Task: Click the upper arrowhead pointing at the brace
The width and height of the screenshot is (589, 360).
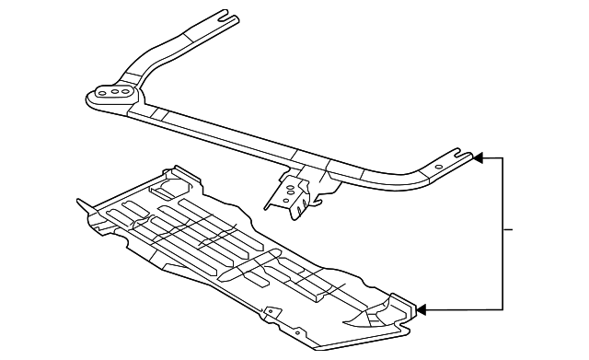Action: pos(477,158)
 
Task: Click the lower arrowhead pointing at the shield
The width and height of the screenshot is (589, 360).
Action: pos(422,309)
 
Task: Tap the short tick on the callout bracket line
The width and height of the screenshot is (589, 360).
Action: pos(508,228)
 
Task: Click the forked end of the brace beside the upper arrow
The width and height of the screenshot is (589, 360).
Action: pos(459,155)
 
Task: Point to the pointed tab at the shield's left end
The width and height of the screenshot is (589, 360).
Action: pos(78,203)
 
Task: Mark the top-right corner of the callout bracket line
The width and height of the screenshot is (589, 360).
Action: pos(502,158)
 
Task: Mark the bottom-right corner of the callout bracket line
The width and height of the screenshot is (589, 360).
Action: pos(502,309)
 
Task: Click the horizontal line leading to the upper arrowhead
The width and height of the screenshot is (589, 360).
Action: pos(491,158)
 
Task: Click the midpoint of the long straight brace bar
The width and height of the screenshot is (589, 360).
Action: pos(267,143)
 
